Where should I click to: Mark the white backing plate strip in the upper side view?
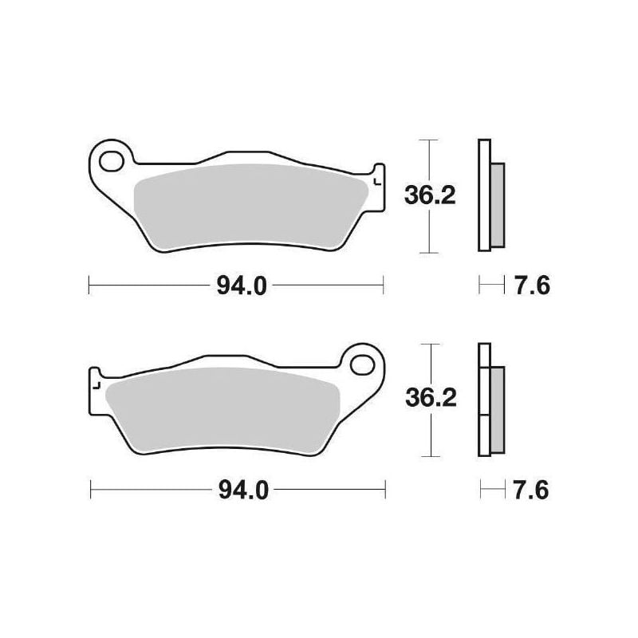pos(482,195)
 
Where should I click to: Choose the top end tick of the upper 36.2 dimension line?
pos(430,141)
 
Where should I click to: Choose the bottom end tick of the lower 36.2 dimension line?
pos(431,456)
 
